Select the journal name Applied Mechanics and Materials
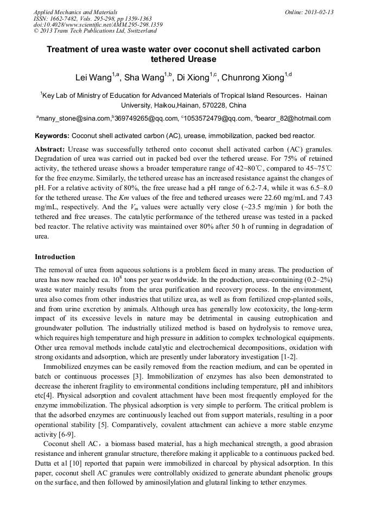(75, 12)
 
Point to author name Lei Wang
(93, 78)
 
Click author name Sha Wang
(144, 78)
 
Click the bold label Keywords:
(52, 135)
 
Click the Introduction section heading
(55, 256)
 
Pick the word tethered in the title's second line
(168, 59)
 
